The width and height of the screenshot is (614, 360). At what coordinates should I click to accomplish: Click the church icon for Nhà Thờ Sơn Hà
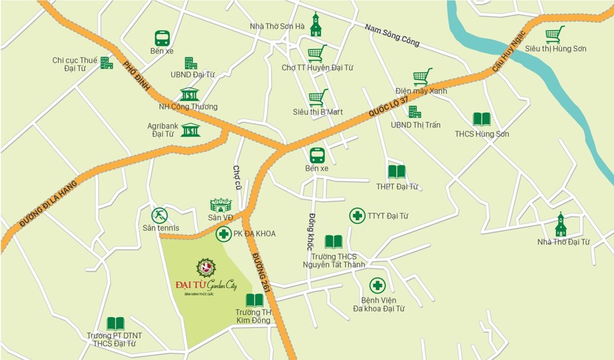pos(316,25)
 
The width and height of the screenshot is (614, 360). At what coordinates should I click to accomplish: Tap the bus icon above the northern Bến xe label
pos(162,38)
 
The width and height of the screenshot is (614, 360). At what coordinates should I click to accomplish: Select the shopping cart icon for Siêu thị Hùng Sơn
pos(555,34)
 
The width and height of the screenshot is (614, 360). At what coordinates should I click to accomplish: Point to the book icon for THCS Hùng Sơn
pos(481,120)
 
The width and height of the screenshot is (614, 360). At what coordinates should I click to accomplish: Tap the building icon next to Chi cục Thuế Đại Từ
pos(107,63)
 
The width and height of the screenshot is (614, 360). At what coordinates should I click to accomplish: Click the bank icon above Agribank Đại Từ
pos(190,130)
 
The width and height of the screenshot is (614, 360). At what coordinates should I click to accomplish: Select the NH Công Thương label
pos(188,106)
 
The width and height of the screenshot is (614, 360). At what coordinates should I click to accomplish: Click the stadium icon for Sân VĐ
pos(221,205)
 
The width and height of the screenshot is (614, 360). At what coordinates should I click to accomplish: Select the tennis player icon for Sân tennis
pos(160,216)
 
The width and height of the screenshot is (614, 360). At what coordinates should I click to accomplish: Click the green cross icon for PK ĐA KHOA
pos(223,233)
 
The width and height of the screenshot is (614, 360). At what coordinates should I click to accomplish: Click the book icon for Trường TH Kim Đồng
pos(254,300)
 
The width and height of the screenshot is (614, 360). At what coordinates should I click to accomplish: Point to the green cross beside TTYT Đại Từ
pos(357,216)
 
